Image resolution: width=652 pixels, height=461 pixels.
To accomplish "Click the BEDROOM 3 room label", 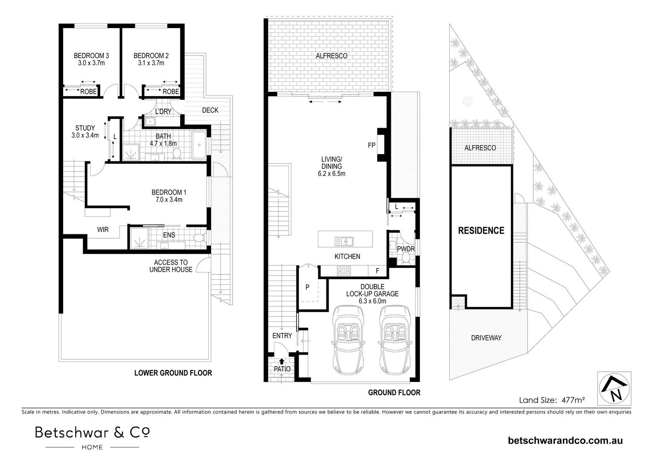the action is coord(91,55).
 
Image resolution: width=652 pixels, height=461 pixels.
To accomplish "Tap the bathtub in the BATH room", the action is coord(199,145).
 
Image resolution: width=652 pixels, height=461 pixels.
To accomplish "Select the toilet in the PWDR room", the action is coord(405,257).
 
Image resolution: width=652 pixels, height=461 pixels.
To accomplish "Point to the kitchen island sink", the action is coord(344,242).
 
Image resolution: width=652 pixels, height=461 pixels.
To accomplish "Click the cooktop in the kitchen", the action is coord(344,271).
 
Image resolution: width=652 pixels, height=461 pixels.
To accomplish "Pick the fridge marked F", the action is coord(378,271).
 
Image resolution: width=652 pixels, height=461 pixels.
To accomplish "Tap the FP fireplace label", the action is coord(372,145).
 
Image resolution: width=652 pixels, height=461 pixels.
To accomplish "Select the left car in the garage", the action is coord(348,341).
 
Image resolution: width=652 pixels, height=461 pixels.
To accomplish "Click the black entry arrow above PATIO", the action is coord(282,362).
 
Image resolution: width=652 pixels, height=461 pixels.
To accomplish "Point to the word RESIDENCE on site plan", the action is coord(481,230).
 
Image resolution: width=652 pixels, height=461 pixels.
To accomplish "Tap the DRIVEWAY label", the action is coord(486,338).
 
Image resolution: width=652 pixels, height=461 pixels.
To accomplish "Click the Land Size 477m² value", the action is coord(573,400).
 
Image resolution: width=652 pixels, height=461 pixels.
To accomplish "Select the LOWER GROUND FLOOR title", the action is coord(173,373).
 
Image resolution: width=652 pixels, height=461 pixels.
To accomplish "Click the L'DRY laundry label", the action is coord(163,111).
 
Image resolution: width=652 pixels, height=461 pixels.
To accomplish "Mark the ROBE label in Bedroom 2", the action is coord(171,91).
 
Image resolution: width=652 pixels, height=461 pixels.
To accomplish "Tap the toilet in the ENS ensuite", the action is coord(199,238).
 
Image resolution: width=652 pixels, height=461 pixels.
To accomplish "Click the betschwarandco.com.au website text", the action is coord(565,441).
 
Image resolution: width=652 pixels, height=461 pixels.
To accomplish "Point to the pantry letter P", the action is coord(307,287).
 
